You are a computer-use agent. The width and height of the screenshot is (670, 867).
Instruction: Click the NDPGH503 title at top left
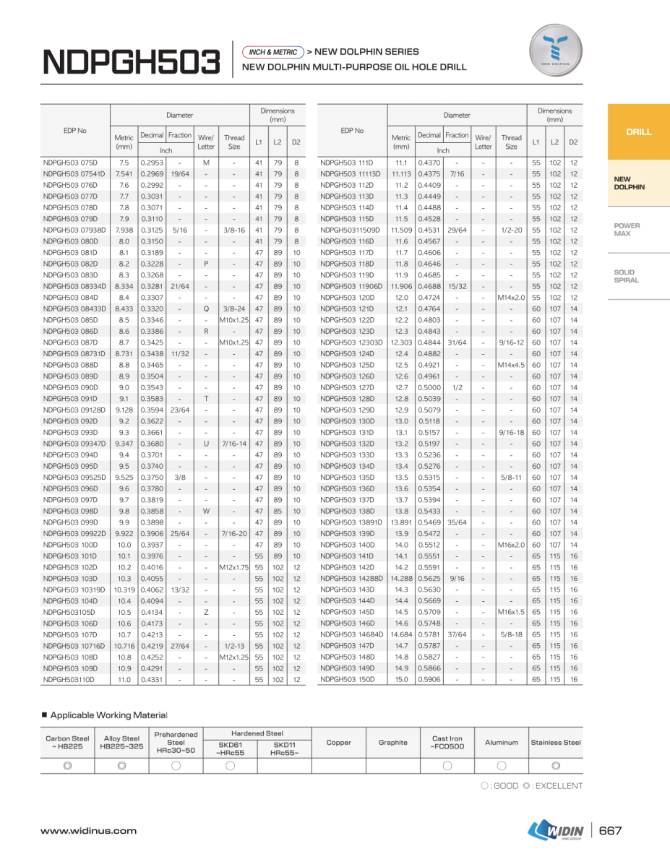pyautogui.click(x=131, y=62)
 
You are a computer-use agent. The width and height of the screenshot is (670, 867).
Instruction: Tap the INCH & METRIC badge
pyautogui.click(x=273, y=52)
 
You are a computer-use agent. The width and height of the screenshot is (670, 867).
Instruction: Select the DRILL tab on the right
pyautogui.click(x=638, y=131)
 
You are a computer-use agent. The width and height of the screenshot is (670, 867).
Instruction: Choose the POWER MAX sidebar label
pyautogui.click(x=627, y=230)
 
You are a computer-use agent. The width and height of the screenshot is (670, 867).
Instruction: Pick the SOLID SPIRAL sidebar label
pyautogui.click(x=626, y=276)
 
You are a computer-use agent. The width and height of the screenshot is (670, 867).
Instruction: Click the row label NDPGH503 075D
pyautogui.click(x=70, y=163)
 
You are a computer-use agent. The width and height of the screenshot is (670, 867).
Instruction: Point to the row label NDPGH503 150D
pyautogui.click(x=348, y=679)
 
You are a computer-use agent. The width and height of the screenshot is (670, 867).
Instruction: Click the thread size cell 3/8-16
pyautogui.click(x=233, y=230)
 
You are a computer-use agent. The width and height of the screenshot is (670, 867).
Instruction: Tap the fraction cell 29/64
pyautogui.click(x=457, y=230)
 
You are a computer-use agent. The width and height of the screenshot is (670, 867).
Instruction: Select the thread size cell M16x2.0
pyautogui.click(x=511, y=545)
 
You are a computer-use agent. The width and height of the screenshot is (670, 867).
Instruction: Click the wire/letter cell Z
pyautogui.click(x=206, y=612)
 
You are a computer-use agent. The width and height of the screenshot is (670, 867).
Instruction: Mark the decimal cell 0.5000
pyautogui.click(x=429, y=387)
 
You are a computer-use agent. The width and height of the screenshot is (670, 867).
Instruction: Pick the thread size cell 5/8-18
pyautogui.click(x=511, y=634)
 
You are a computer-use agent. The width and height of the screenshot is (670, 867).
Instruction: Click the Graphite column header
pyautogui.click(x=392, y=742)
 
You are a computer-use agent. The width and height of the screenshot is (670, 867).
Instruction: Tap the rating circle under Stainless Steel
pyautogui.click(x=556, y=766)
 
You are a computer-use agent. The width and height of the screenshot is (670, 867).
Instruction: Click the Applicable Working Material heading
pyautogui.click(x=108, y=715)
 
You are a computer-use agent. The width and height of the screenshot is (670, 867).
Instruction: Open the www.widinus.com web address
pyautogui.click(x=88, y=831)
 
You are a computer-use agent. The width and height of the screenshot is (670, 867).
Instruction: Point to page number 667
pyautogui.click(x=610, y=831)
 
